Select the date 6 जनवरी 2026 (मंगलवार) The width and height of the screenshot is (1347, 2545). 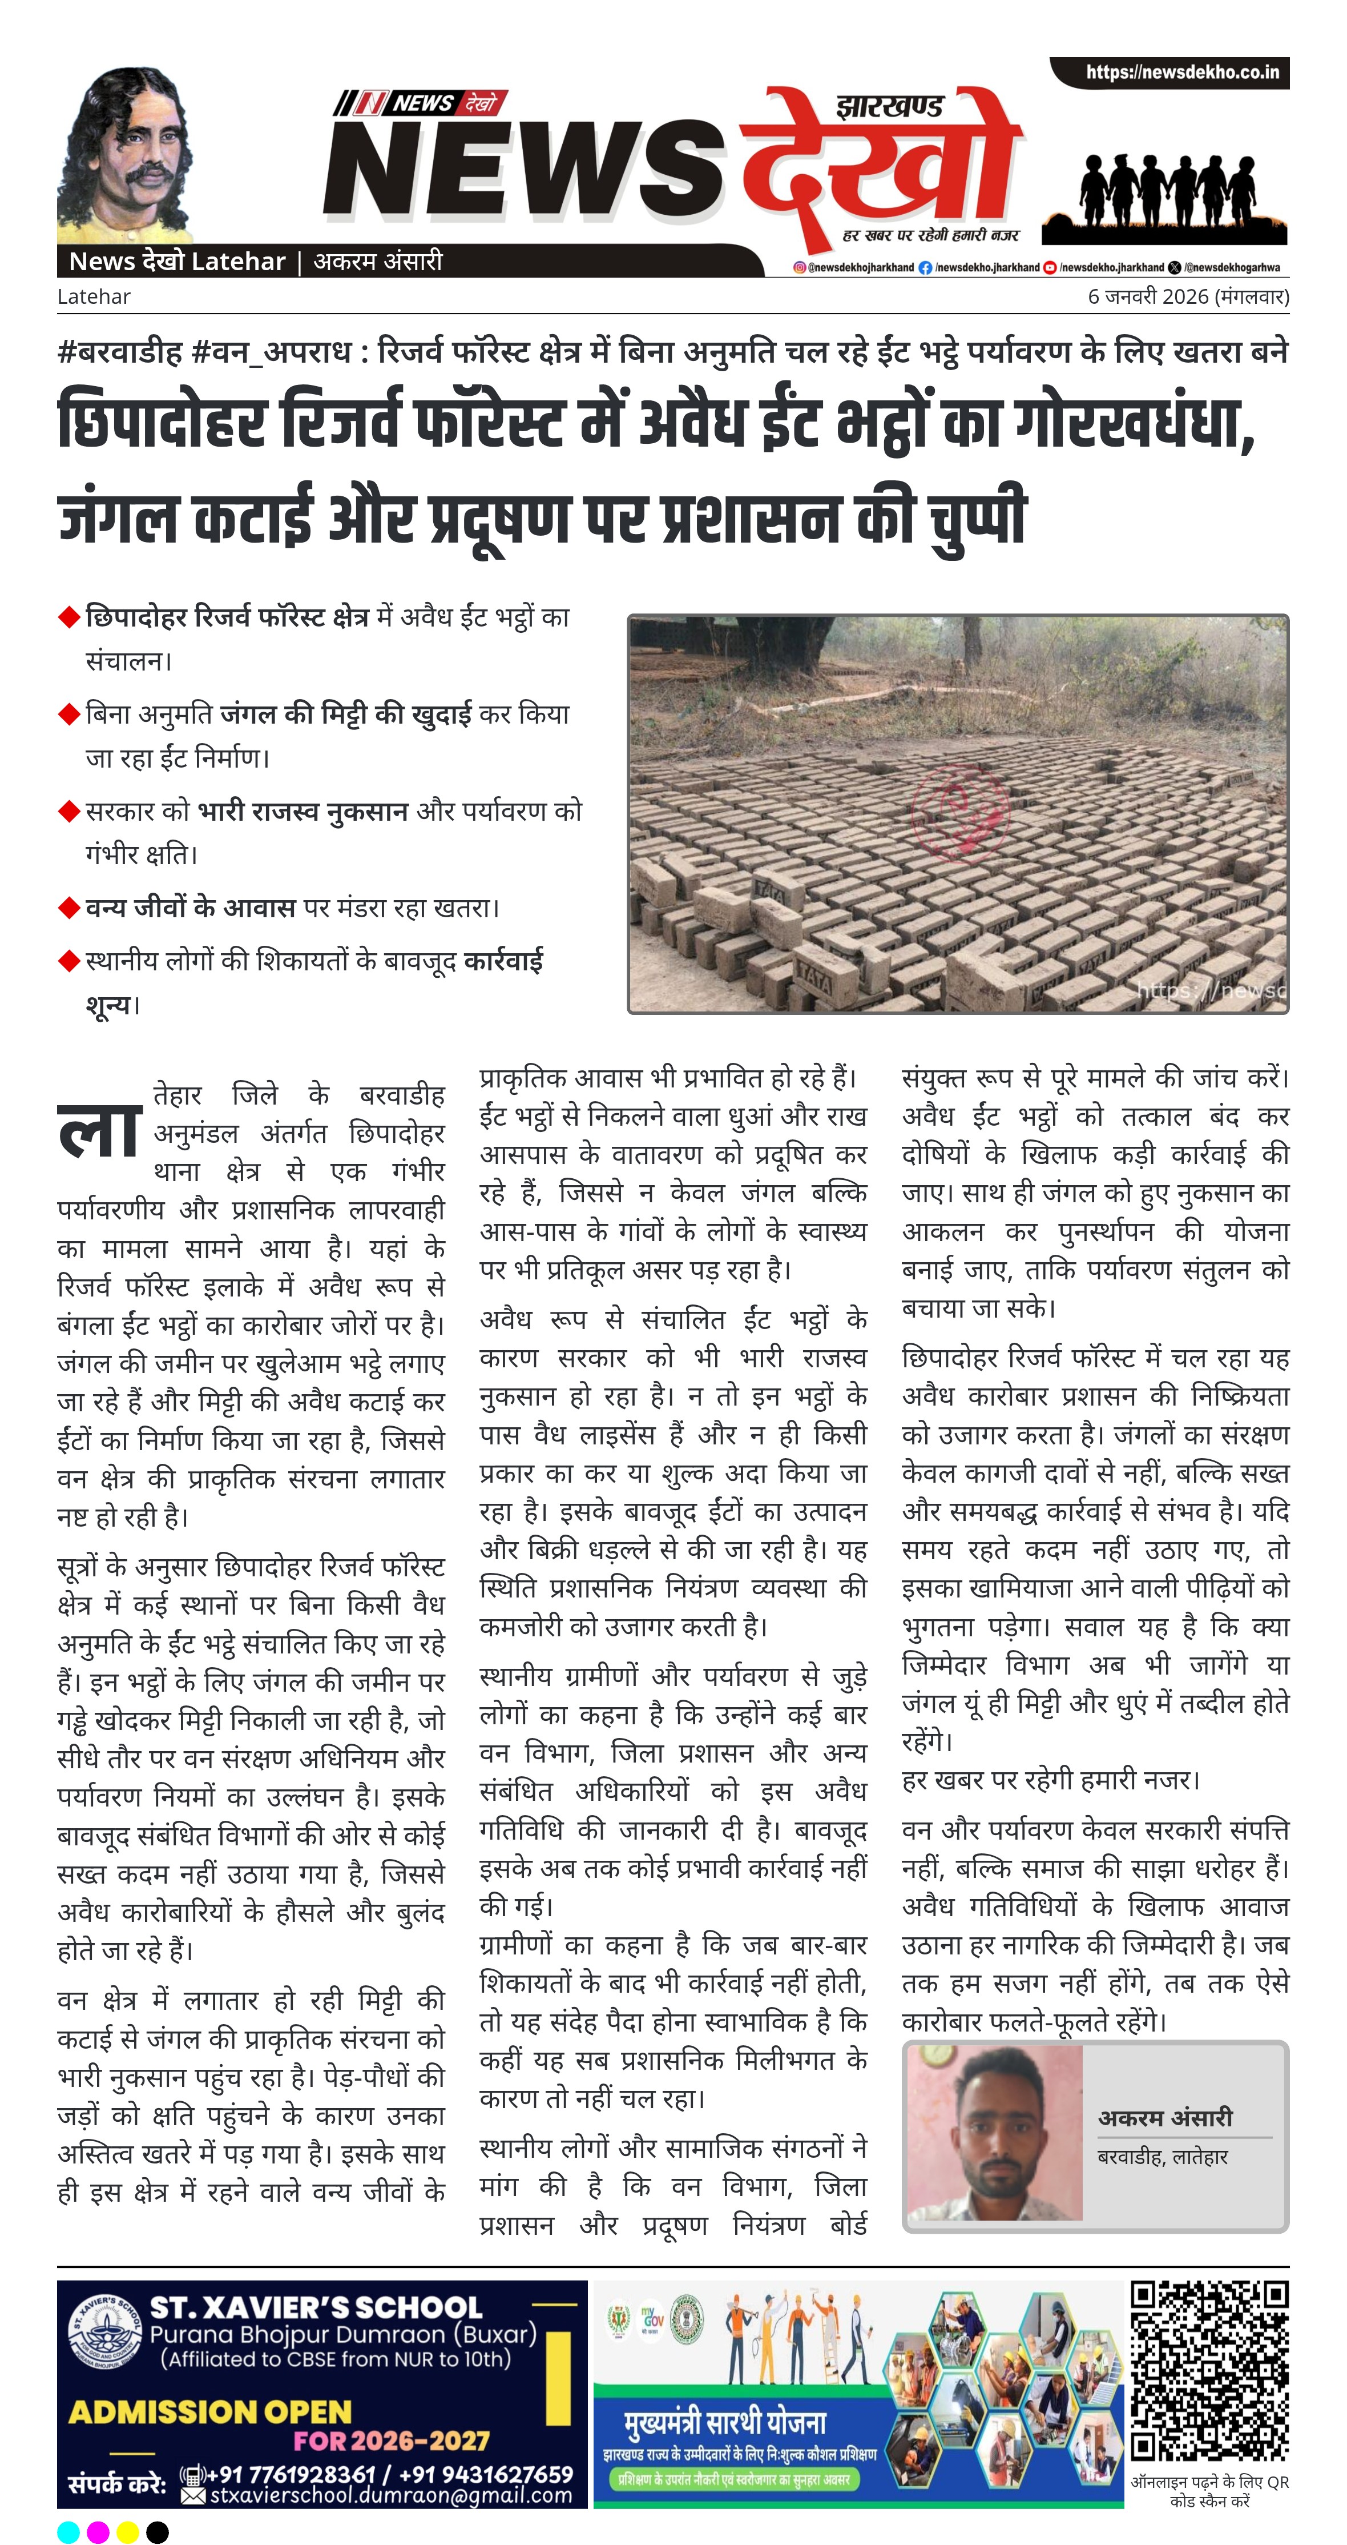pyautogui.click(x=1187, y=296)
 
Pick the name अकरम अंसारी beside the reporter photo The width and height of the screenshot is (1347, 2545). pyautogui.click(x=1165, y=2117)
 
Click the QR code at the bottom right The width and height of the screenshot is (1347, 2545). pyautogui.click(x=1209, y=2371)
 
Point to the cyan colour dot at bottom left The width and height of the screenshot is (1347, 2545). pyautogui.click(x=68, y=2531)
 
